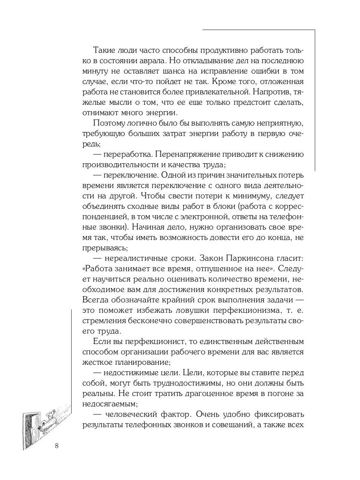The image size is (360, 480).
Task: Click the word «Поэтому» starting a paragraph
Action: (x=107, y=123)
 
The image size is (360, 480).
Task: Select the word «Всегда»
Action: (x=95, y=300)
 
